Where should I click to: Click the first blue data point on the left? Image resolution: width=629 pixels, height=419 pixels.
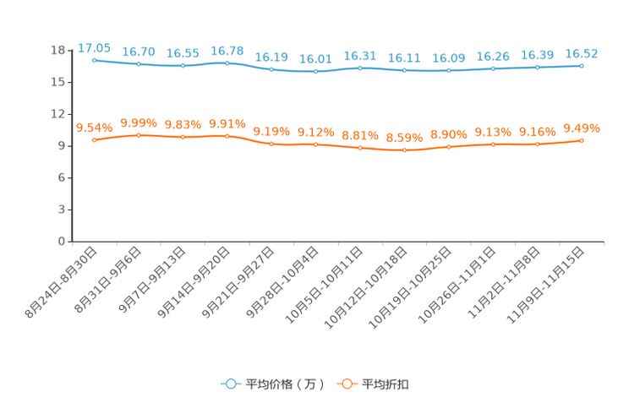[x=94, y=60]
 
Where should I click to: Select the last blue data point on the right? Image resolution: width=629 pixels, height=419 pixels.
[x=582, y=65]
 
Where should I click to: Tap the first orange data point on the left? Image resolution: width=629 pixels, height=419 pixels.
[x=94, y=140]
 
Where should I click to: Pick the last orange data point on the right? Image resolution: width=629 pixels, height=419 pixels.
[x=582, y=139]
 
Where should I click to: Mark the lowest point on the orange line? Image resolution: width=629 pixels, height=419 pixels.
[x=404, y=150]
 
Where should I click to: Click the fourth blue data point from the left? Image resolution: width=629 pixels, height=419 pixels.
[x=227, y=63]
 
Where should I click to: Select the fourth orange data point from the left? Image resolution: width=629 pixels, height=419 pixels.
[x=227, y=135]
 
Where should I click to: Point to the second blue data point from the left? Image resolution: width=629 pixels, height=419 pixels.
[x=138, y=64]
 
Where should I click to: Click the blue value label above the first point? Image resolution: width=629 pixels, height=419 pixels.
[x=94, y=47]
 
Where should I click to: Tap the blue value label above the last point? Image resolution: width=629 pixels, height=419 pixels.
[x=582, y=53]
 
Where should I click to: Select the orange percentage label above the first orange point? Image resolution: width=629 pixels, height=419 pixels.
[x=94, y=128]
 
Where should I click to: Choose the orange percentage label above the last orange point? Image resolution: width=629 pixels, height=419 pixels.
[x=582, y=128]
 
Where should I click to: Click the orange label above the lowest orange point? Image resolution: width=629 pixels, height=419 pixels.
[x=404, y=138]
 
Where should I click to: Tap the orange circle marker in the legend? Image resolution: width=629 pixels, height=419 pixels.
[x=346, y=384]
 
